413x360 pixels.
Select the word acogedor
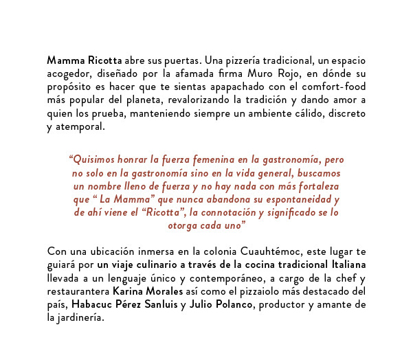(69, 74)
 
